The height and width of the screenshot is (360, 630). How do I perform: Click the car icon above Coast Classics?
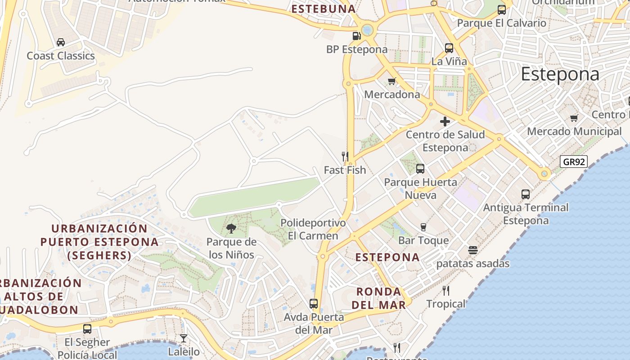pyautogui.click(x=60, y=42)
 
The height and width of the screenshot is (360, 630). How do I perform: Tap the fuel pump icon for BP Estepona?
pyautogui.click(x=356, y=36)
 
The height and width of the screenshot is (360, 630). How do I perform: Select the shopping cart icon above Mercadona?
pyautogui.click(x=391, y=81)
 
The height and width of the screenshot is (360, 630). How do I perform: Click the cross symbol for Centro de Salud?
pyautogui.click(x=445, y=121)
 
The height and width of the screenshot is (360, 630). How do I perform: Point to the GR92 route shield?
pyautogui.click(x=574, y=162)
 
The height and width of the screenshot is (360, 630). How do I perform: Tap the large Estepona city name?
pyautogui.click(x=560, y=75)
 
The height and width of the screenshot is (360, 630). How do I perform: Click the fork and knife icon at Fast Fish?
pyautogui.click(x=345, y=157)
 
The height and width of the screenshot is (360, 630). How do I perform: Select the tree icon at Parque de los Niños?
pyautogui.click(x=231, y=229)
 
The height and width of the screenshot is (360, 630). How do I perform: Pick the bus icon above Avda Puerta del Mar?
pyautogui.click(x=314, y=304)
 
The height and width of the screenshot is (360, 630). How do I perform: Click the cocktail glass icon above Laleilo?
pyautogui.click(x=184, y=338)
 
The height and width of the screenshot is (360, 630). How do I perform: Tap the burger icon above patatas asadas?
pyautogui.click(x=472, y=250)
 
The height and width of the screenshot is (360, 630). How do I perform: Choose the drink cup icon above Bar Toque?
pyautogui.click(x=423, y=227)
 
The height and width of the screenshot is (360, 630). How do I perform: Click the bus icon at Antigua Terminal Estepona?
pyautogui.click(x=525, y=194)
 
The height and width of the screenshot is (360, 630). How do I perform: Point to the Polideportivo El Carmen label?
pyautogui.click(x=313, y=229)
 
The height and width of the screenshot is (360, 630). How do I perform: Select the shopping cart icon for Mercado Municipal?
pyautogui.click(x=574, y=118)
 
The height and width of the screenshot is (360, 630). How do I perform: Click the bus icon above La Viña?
pyautogui.click(x=449, y=48)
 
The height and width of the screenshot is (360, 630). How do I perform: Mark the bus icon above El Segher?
pyautogui.click(x=87, y=329)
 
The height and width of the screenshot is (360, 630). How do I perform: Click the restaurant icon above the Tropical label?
pyautogui.click(x=445, y=291)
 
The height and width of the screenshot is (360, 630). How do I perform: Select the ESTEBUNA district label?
pyautogui.click(x=323, y=9)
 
